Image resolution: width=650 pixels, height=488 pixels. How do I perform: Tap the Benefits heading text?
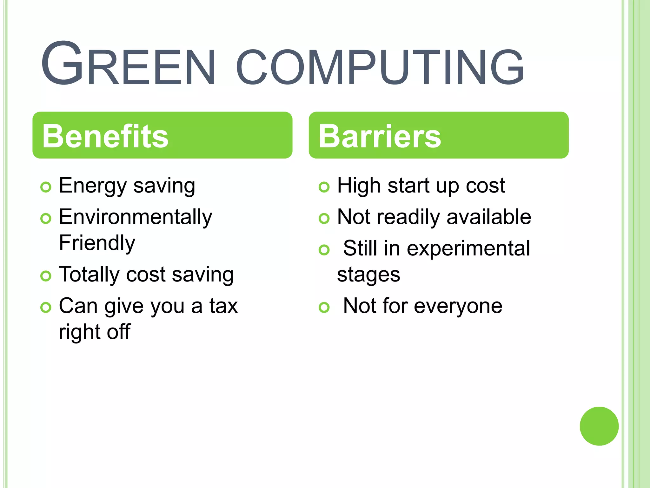click(x=105, y=136)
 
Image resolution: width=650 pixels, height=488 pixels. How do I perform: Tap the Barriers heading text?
click(x=380, y=136)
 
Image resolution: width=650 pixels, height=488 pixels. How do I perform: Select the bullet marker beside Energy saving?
click(x=46, y=187)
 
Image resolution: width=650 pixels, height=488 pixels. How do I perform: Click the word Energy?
click(x=92, y=186)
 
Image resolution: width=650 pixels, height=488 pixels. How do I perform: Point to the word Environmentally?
click(x=136, y=217)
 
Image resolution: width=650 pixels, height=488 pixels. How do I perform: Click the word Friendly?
click(x=97, y=243)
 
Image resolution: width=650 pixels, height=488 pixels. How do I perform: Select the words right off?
click(x=95, y=332)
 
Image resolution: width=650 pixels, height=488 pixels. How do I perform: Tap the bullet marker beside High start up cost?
click(x=324, y=187)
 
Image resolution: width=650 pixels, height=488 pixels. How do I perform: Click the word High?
click(x=359, y=186)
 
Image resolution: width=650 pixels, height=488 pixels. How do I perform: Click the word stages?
click(x=368, y=275)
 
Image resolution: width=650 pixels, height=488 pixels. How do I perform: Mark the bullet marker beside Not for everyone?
click(x=324, y=307)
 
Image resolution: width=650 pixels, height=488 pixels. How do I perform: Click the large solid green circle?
click(x=599, y=426)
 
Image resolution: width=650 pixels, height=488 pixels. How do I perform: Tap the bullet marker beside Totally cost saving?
click(x=46, y=276)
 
